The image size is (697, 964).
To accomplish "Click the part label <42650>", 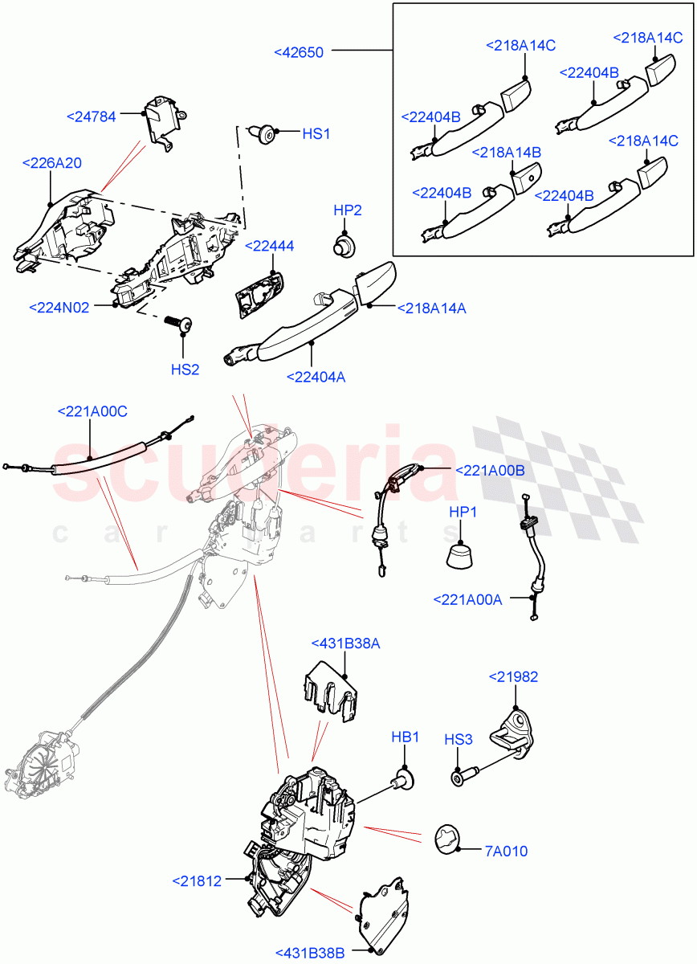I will (x=299, y=52).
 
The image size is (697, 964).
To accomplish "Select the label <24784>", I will (x=91, y=116).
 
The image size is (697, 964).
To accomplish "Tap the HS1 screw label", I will (x=316, y=134).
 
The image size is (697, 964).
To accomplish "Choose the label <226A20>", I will (x=52, y=163).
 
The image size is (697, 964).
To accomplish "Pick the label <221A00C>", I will (x=92, y=412).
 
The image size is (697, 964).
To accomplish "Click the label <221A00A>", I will (x=467, y=599).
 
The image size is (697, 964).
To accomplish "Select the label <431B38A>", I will (x=345, y=643).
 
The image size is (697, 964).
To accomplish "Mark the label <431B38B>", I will (x=310, y=953).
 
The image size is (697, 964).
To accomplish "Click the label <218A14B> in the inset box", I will (x=507, y=152).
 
